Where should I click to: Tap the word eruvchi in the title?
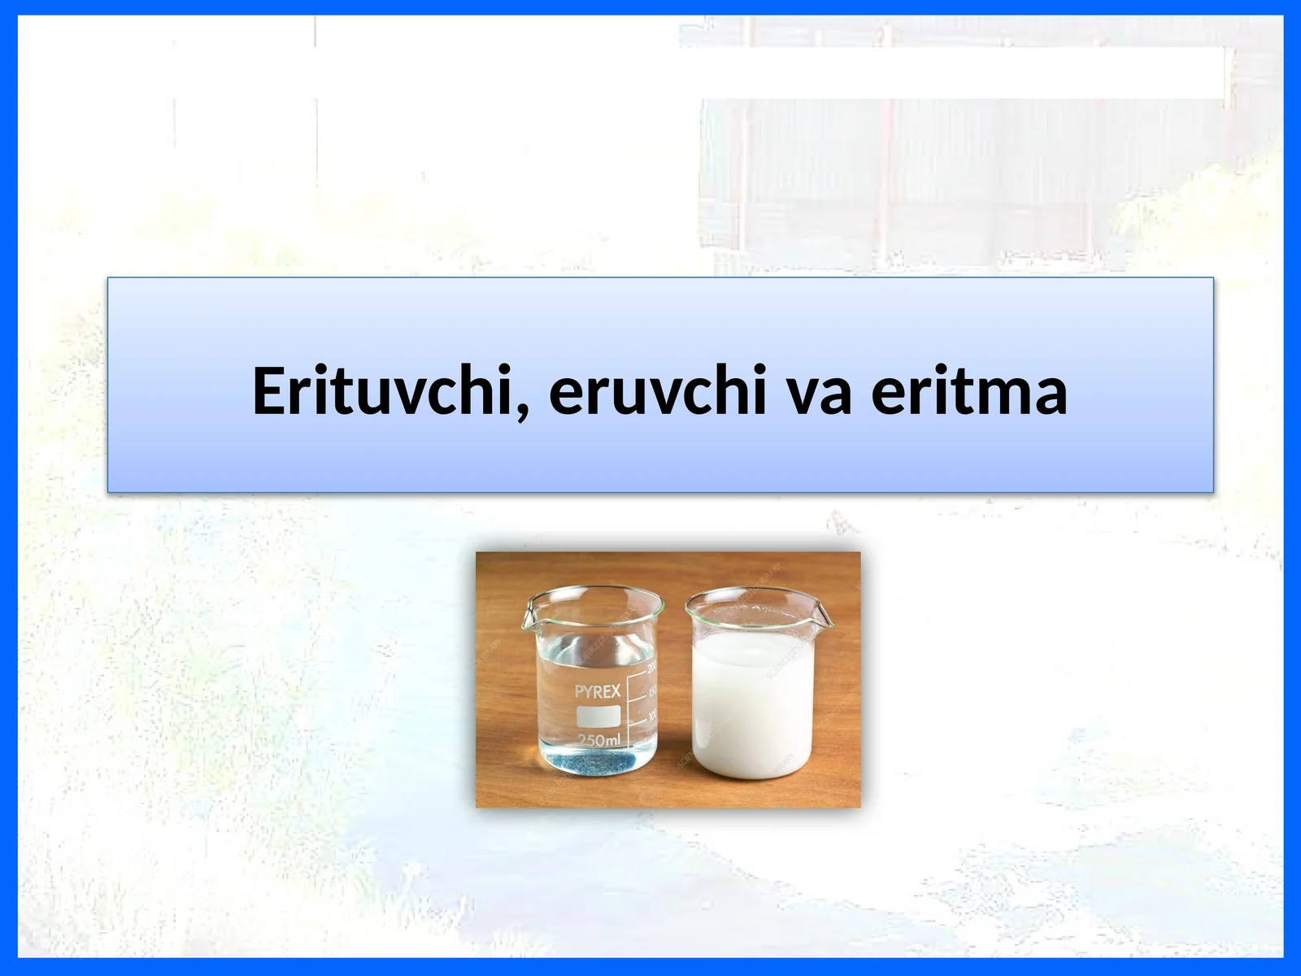pos(657,391)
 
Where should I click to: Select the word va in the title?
pos(820,391)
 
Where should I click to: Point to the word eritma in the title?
pos(969,391)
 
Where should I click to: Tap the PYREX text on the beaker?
pos(598,691)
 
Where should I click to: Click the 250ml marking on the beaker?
pos(598,740)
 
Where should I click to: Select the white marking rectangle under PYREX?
pos(598,716)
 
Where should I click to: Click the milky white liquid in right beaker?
pos(750,708)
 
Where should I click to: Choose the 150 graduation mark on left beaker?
pos(652,692)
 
